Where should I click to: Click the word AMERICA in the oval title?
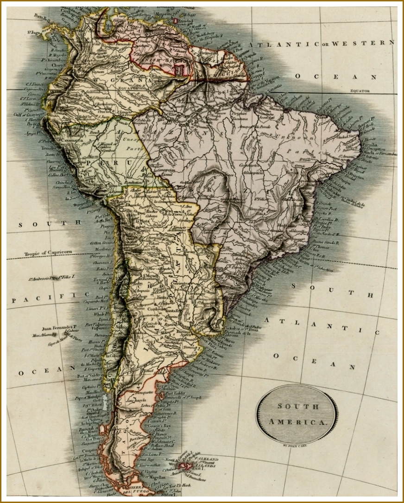297,422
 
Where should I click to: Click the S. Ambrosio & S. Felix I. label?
51,278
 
